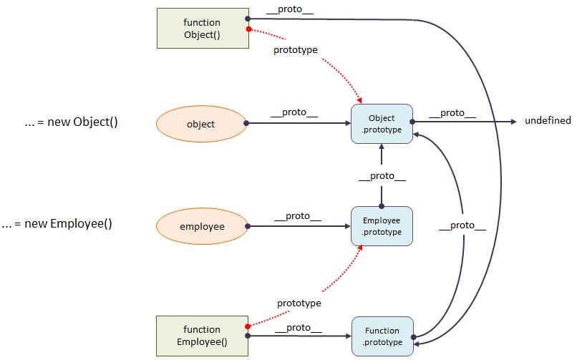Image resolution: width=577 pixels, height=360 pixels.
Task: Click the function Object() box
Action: click(203, 29)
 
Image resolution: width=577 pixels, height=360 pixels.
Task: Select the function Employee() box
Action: click(202, 336)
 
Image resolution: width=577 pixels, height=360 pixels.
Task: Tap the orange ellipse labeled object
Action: click(201, 124)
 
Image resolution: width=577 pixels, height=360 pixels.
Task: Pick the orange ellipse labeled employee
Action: click(202, 226)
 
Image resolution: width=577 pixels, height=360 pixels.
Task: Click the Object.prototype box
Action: click(382, 124)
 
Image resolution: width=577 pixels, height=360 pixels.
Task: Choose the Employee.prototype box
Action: click(382, 226)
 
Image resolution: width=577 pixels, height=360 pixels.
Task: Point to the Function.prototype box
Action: click(382, 336)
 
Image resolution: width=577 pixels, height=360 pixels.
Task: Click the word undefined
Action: click(548, 121)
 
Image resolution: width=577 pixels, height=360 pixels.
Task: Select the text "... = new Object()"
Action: click(71, 122)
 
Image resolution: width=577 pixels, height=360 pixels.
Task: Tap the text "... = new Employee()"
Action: click(57, 223)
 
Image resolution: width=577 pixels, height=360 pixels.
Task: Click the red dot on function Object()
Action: click(248, 29)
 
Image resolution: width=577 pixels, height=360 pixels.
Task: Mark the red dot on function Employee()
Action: click(248, 326)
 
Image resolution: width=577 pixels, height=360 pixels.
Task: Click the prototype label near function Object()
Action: click(296, 50)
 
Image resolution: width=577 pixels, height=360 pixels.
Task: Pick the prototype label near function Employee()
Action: click(299, 303)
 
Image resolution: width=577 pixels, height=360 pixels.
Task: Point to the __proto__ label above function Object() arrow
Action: click(290, 9)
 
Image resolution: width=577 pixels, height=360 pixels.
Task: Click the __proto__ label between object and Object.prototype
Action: click(294, 112)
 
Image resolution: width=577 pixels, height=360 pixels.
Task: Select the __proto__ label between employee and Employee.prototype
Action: click(298, 216)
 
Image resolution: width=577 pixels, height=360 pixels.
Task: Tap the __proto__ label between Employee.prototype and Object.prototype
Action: click(382, 177)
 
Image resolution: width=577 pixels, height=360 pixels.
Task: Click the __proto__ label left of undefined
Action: click(452, 113)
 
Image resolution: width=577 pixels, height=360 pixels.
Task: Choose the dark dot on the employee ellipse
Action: click(248, 226)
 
